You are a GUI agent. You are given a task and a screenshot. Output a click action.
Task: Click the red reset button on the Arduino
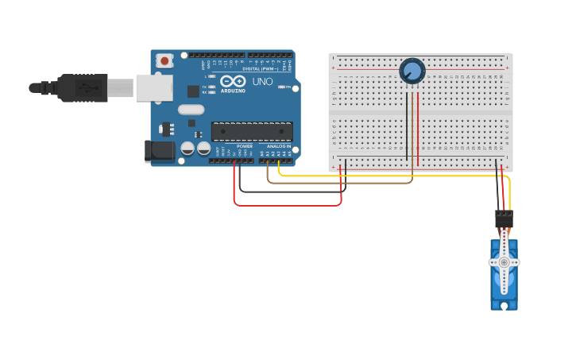[164, 60]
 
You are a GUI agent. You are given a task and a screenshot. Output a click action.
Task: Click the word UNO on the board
[262, 82]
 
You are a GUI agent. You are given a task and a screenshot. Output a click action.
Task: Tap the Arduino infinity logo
[234, 81]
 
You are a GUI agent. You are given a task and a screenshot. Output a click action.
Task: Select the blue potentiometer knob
[412, 71]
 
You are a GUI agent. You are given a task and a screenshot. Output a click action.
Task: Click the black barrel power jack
[159, 150]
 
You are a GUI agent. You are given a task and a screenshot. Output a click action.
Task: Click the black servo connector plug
[504, 219]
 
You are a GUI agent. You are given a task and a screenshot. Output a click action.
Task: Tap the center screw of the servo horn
[504, 261]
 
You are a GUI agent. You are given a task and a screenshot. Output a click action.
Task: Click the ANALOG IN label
[278, 146]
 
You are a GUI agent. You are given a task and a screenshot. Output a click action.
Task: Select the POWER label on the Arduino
[245, 146]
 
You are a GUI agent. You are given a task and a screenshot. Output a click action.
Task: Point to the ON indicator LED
[281, 87]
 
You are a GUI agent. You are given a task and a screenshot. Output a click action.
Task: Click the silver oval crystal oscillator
[191, 110]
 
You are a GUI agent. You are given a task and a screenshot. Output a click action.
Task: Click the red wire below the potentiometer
[418, 127]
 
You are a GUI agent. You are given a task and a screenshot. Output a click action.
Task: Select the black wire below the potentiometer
[408, 127]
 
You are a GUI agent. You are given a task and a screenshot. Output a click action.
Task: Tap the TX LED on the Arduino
[212, 87]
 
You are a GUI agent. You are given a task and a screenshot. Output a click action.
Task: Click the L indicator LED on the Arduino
[212, 76]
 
